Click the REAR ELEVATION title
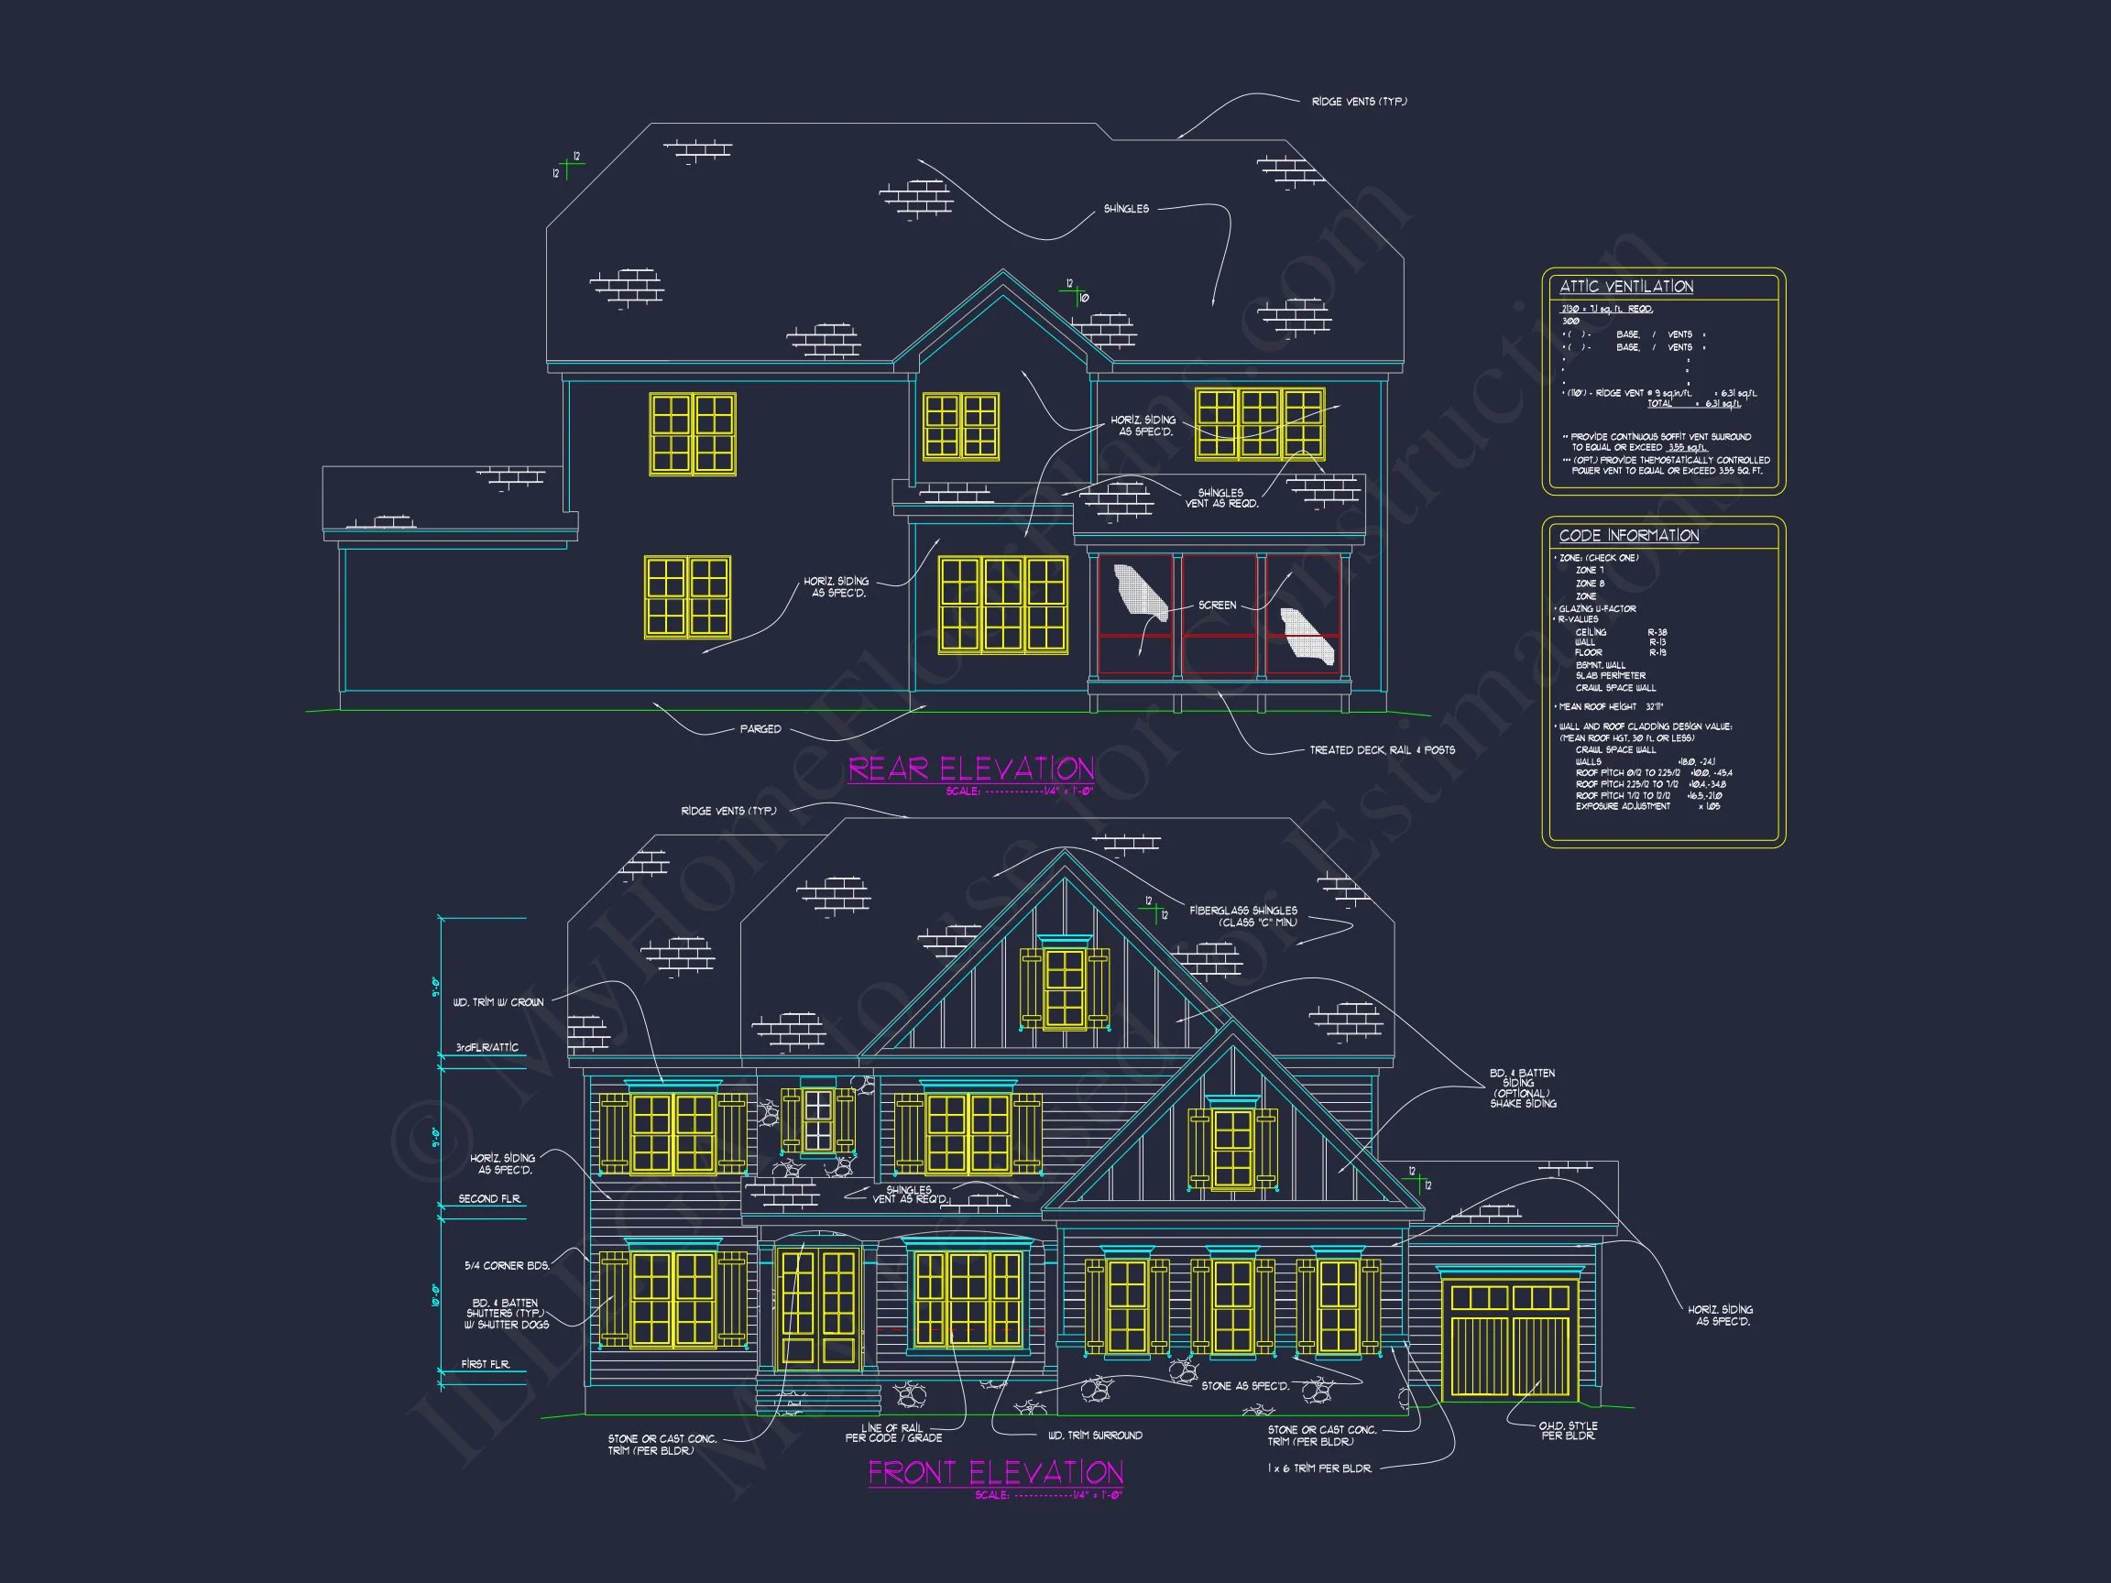(x=970, y=770)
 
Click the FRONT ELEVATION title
(x=994, y=1472)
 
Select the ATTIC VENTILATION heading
(x=1626, y=286)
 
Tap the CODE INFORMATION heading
(x=1629, y=535)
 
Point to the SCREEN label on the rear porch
(x=1217, y=605)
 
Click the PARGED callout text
(x=760, y=729)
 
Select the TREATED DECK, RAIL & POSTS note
(x=1382, y=750)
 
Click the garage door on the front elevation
(x=1509, y=1340)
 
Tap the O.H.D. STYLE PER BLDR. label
(x=1568, y=1430)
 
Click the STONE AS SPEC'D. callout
(x=1244, y=1385)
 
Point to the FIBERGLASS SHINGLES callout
(x=1243, y=916)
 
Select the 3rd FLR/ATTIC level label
(x=487, y=1048)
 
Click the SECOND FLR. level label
(x=489, y=1198)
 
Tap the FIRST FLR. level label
(x=486, y=1364)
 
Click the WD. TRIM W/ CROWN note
(x=498, y=1002)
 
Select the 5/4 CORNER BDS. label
(x=507, y=1265)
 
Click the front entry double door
(x=819, y=1305)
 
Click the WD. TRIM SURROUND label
(x=1095, y=1436)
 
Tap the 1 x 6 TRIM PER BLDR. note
(x=1320, y=1468)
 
